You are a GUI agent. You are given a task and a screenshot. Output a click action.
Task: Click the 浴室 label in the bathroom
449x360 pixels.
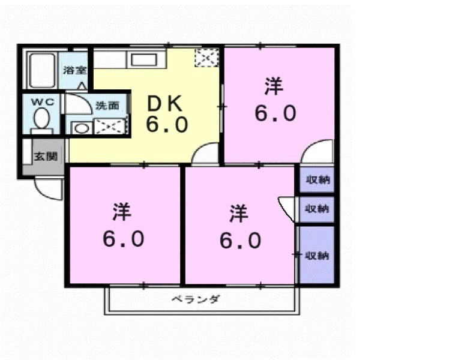point(75,70)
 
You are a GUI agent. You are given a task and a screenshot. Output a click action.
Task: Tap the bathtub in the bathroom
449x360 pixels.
point(41,70)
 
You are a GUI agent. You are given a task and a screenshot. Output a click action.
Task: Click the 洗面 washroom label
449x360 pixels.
point(107,106)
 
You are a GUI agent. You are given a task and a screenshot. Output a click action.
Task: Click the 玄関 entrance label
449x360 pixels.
point(45,157)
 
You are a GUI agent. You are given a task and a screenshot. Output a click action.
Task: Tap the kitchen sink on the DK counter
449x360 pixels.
point(143,59)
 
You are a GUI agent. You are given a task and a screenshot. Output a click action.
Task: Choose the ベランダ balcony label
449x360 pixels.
point(195,299)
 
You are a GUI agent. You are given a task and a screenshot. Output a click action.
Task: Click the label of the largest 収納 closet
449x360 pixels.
point(318,256)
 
